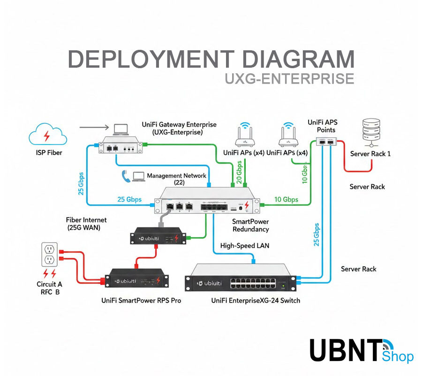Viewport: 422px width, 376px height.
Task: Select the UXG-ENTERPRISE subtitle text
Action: (x=289, y=78)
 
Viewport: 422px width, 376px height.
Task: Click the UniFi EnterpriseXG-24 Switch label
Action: (x=256, y=300)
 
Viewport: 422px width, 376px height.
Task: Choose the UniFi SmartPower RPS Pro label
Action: (x=141, y=300)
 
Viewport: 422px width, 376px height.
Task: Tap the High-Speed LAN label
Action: (x=245, y=246)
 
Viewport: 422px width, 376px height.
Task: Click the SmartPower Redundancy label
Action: (x=250, y=225)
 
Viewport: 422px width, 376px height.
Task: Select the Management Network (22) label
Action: (x=176, y=179)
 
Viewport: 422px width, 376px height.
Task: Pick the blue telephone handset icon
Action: (x=126, y=176)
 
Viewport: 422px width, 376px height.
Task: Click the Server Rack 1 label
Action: (x=370, y=154)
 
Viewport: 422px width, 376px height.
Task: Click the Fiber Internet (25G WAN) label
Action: (x=87, y=224)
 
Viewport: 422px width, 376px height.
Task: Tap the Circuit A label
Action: (x=49, y=284)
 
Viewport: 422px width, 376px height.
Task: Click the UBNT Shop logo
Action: (x=361, y=350)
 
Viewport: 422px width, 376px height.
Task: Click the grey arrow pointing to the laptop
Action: (x=93, y=127)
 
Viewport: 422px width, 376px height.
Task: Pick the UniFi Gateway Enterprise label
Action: (x=179, y=128)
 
